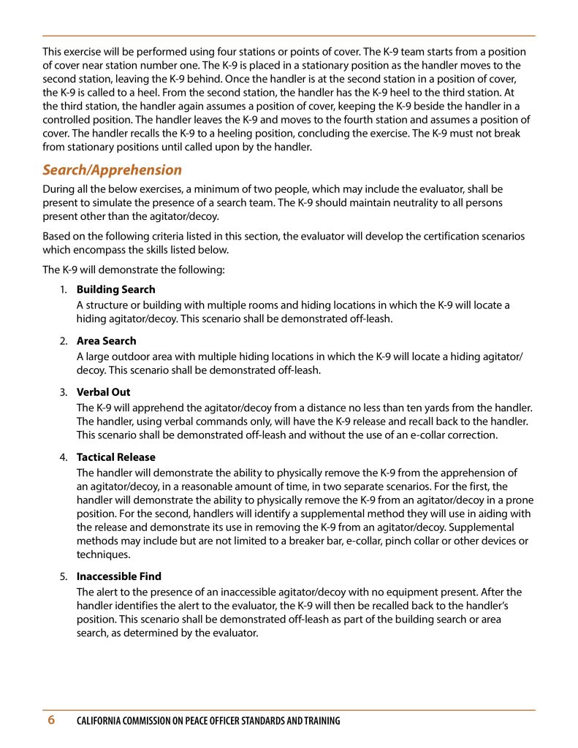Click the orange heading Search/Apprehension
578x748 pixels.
coord(112,170)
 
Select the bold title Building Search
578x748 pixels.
coord(115,290)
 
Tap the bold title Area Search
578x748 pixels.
coord(106,341)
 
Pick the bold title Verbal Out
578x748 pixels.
coord(103,392)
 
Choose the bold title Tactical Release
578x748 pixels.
coord(115,458)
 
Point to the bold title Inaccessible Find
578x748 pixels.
coord(118,576)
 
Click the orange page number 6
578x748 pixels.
coord(51,720)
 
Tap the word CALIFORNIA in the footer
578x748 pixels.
coord(103,721)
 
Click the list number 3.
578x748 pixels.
coord(64,392)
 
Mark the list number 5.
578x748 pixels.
coord(64,576)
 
